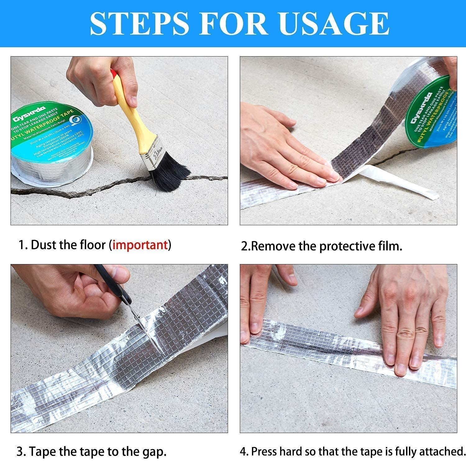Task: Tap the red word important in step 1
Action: [x=140, y=245]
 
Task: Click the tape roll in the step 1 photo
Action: [x=51, y=140]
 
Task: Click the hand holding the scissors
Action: [x=71, y=292]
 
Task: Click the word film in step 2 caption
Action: [x=391, y=246]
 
